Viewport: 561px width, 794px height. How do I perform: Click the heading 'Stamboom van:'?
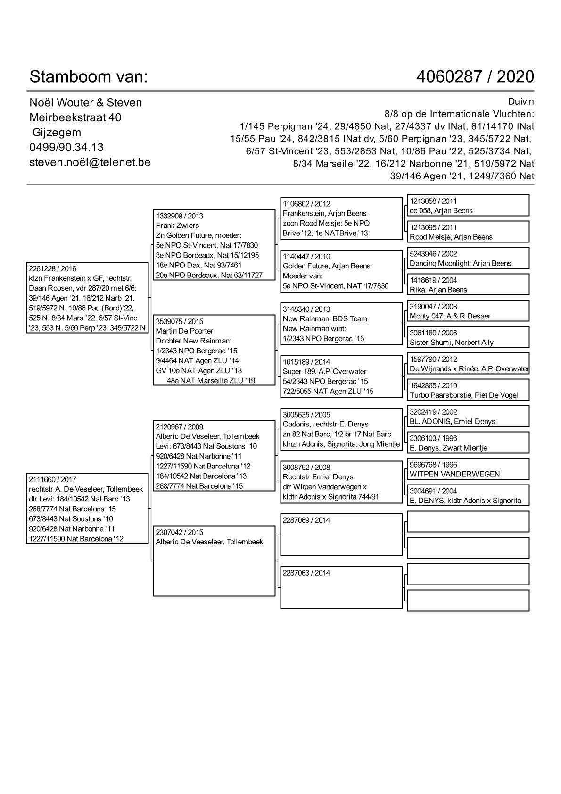click(x=89, y=76)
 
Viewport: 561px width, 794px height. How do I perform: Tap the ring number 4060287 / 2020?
click(x=475, y=76)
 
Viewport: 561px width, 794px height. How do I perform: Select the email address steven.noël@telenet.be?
click(x=90, y=162)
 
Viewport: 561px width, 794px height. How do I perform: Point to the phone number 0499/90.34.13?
click(x=66, y=147)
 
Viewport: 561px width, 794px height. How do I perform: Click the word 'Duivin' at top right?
click(x=521, y=102)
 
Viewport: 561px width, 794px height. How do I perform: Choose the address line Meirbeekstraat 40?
click(x=75, y=117)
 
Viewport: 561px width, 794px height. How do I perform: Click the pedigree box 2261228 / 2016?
click(x=87, y=298)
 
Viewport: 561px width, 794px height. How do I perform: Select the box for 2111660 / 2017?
click(x=87, y=509)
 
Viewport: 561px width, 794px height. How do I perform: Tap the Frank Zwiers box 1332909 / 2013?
click(x=214, y=245)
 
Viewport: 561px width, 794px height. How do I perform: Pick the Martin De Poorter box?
click(x=214, y=351)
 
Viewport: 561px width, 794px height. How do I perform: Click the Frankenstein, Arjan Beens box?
click(x=341, y=218)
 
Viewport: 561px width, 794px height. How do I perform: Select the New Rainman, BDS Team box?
click(x=341, y=324)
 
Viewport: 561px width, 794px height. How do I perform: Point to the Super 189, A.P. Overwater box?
click(x=341, y=376)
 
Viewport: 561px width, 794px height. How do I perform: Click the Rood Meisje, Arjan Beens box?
click(x=468, y=232)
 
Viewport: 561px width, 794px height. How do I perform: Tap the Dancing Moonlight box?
click(x=468, y=259)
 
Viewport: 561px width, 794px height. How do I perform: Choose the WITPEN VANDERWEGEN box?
click(x=468, y=469)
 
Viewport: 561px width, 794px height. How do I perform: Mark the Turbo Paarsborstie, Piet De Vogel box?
click(x=468, y=390)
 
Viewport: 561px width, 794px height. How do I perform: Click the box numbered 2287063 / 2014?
click(x=341, y=587)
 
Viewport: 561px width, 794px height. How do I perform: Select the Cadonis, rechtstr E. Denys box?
click(x=341, y=429)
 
